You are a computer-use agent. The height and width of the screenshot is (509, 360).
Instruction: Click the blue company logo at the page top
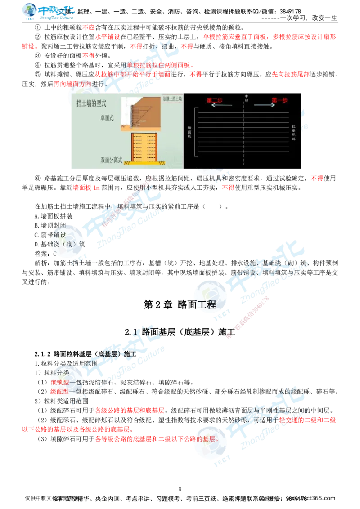click(49, 12)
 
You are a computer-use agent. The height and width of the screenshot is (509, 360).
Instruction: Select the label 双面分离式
click(112, 160)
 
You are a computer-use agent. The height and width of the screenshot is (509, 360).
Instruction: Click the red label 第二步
click(214, 100)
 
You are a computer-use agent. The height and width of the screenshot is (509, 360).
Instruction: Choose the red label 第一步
click(279, 100)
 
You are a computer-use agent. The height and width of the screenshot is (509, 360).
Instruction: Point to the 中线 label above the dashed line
click(246, 96)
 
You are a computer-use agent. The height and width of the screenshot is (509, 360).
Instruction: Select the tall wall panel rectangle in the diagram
click(196, 132)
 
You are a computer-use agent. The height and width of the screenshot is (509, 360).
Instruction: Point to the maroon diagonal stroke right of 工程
click(250, 315)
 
